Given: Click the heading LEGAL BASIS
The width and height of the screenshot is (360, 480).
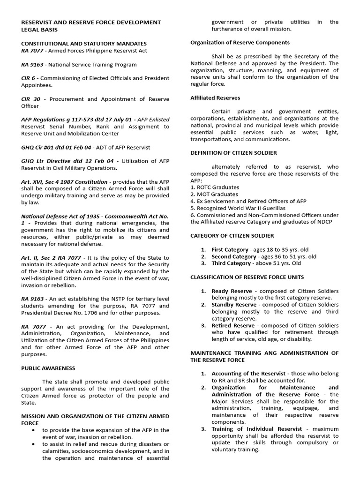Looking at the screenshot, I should coord(39,30).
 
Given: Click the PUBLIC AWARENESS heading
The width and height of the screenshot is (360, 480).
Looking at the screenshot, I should coord(48,368).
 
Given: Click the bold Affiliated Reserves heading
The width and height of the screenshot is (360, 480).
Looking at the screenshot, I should coord(215,98).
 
